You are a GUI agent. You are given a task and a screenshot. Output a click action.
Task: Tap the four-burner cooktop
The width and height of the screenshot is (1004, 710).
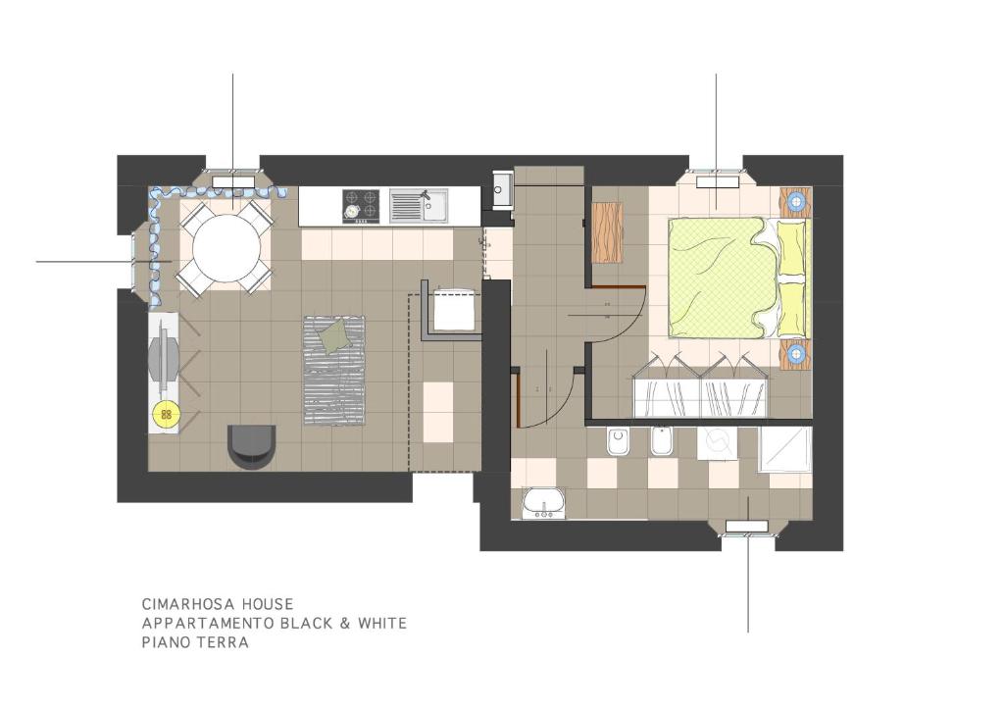(x=361, y=206)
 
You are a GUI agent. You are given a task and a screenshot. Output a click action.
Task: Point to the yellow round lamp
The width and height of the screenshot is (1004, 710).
(x=167, y=414)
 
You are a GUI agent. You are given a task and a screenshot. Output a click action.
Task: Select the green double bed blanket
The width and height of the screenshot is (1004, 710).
(x=717, y=278)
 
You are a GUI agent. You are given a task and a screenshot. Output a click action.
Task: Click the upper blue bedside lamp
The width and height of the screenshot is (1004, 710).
(x=796, y=202)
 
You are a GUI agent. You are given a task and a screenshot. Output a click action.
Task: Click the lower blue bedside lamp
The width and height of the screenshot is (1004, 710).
(x=796, y=353)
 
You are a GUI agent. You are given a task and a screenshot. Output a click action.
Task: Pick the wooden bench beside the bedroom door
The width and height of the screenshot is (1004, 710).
(x=608, y=231)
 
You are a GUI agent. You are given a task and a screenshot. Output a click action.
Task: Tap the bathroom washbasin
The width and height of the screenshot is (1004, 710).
(x=543, y=502)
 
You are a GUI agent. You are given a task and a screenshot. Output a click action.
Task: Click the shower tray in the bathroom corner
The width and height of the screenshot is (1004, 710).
(x=785, y=449)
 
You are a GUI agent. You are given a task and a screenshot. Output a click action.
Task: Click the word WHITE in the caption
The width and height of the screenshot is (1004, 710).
(x=382, y=623)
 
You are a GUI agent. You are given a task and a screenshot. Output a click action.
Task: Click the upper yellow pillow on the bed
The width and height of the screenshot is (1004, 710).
(x=792, y=247)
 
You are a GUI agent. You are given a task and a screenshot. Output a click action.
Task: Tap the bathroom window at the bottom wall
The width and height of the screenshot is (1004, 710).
(x=746, y=527)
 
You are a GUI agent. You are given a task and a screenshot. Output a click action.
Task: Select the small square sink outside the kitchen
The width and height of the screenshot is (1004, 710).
(x=503, y=189)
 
